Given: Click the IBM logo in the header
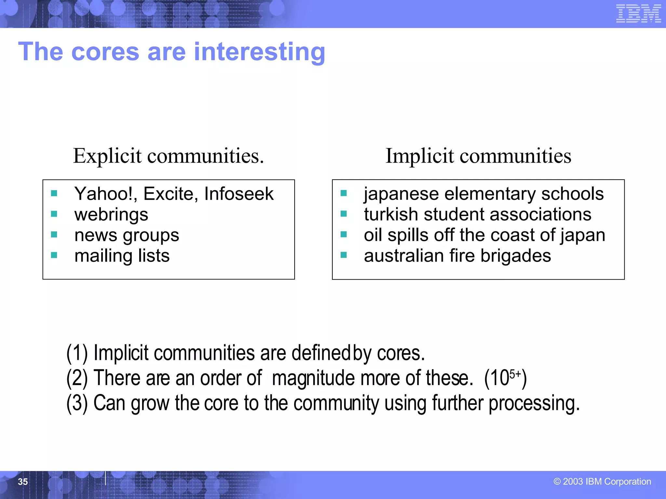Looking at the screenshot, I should [638, 14].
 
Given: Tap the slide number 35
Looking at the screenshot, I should [23, 481].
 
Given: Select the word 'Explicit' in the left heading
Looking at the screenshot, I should [107, 156].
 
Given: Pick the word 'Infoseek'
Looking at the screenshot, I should [239, 194].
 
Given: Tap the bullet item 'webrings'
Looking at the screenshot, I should [111, 215].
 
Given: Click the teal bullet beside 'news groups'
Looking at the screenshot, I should [54, 235].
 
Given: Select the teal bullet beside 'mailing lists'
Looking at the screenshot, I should [54, 255].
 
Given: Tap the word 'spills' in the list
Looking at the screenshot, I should [407, 235].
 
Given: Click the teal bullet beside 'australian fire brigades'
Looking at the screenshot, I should [343, 255].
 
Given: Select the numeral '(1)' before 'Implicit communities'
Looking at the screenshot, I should [77, 353].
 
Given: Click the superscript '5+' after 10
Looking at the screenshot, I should [515, 374].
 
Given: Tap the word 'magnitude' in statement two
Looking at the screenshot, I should [313, 378].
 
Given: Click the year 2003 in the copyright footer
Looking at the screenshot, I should [573, 481].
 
